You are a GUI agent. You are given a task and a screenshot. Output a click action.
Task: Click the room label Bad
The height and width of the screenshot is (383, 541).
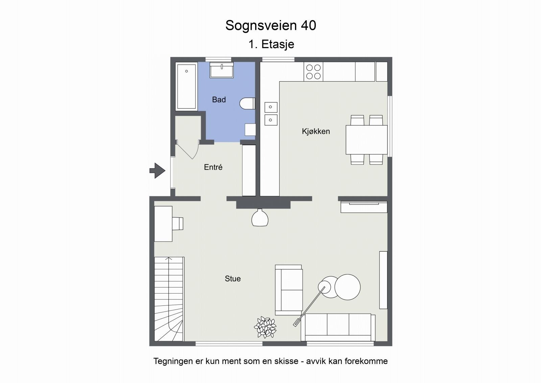pos(219,100)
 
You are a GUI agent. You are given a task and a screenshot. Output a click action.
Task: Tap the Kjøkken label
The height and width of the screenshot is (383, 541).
pos(316,131)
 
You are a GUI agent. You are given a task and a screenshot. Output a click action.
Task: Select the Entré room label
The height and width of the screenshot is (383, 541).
pos(213,167)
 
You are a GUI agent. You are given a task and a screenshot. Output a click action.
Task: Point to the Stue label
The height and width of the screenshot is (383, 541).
pos(233,279)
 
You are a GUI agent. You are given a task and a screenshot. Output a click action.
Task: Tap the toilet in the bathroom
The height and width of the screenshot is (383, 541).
pos(247,104)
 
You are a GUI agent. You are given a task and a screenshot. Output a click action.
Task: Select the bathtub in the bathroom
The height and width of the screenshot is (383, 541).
pos(186,87)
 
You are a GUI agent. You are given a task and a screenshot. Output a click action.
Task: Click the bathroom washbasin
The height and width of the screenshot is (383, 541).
pos(222,70)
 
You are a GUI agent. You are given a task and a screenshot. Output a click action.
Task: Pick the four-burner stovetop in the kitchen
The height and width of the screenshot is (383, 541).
pos(313,72)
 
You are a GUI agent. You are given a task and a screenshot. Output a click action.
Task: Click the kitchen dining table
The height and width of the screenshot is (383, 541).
pos(367,140)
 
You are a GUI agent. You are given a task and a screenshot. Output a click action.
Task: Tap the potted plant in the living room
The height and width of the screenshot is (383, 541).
pos(265,327)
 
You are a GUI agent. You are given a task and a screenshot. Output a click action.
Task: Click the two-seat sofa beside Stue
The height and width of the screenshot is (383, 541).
pos(288,290)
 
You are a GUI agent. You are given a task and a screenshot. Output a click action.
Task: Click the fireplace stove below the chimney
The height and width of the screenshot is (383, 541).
pos(260,218)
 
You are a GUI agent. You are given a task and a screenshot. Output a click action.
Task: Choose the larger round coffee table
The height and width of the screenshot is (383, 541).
pos(347,287)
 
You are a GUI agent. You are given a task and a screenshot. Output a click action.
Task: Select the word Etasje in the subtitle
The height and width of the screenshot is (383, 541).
pos(278,44)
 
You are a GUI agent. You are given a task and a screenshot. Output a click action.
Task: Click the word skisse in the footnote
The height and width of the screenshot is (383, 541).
pos(285,361)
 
